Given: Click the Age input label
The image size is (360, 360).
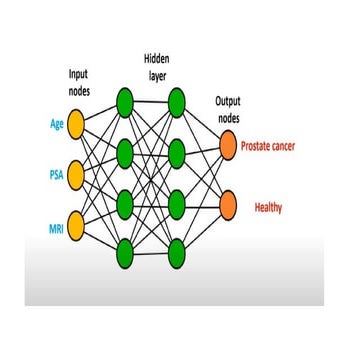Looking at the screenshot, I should (x=57, y=125).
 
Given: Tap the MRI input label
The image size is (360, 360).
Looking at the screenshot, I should (x=56, y=228).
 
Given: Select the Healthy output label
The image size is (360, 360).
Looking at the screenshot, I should (x=267, y=208).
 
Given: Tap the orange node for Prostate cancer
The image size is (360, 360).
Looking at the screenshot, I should (x=229, y=147).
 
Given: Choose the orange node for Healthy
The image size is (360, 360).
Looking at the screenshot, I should (x=229, y=203).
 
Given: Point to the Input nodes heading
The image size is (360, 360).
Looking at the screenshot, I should (x=78, y=81).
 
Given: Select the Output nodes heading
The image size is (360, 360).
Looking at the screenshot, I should (x=227, y=109).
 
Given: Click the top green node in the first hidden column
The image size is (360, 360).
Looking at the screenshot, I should (x=124, y=101).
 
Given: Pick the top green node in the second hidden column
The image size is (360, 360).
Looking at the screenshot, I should (x=177, y=101).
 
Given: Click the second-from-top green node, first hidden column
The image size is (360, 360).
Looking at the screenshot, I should (x=124, y=152).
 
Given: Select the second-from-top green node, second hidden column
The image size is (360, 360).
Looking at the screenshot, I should (x=177, y=152).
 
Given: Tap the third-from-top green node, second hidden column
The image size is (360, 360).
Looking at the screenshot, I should (x=177, y=202).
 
